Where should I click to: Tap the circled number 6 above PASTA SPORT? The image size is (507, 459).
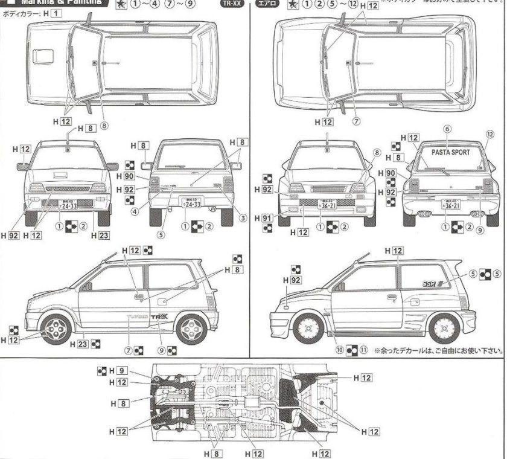pos(447,129)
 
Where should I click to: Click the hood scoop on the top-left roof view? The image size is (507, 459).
pos(43,56)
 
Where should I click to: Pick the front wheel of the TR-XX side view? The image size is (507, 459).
pos(57,327)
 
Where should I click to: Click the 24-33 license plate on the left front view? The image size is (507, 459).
pos(67,205)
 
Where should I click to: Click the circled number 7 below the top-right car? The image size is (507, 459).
pos(356,121)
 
